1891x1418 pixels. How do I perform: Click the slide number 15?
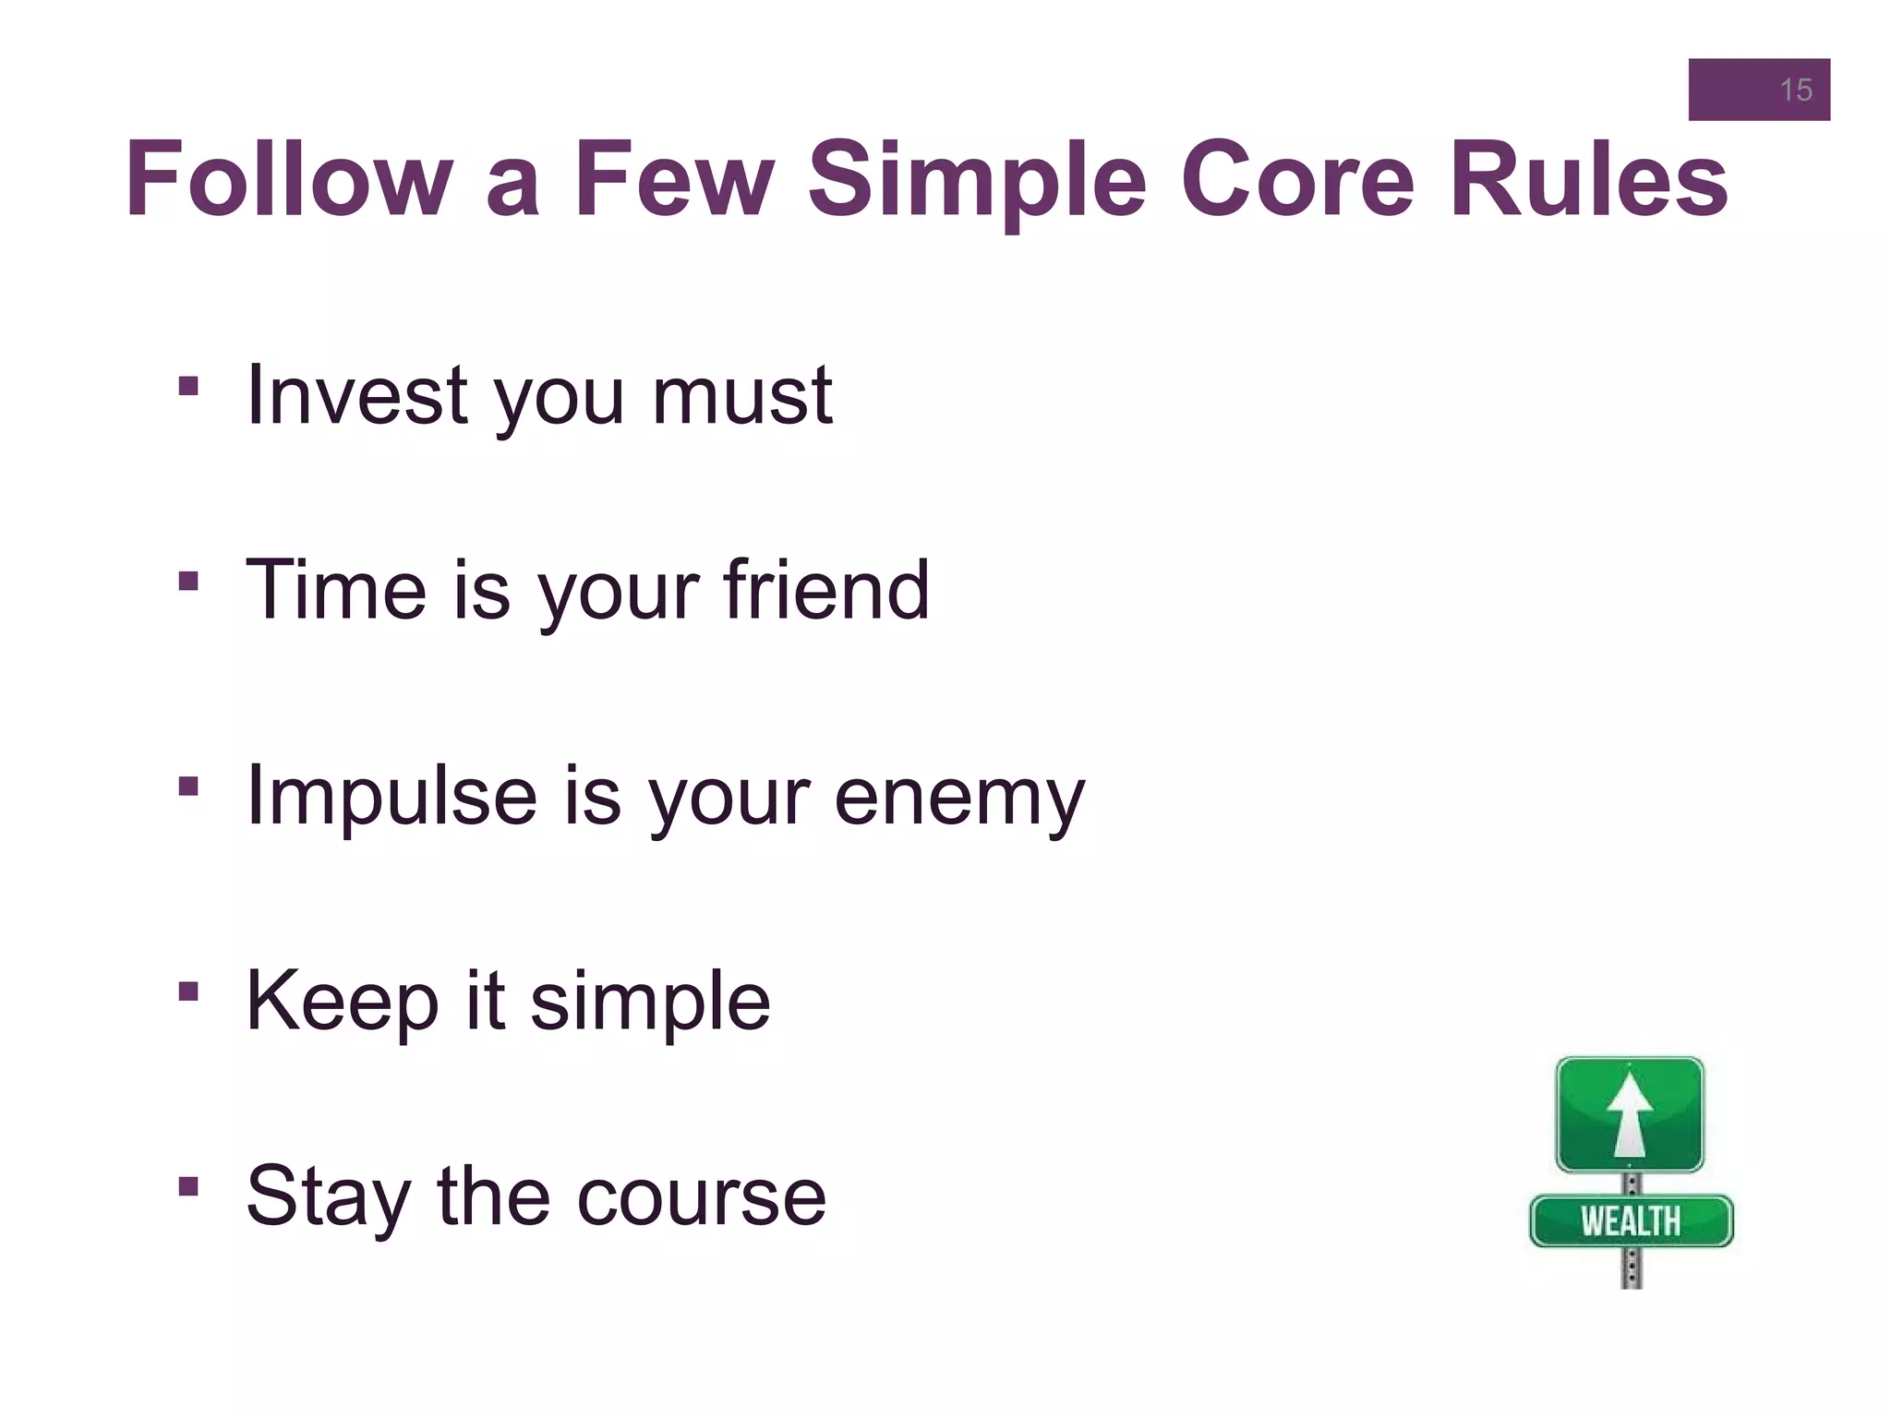tap(1795, 90)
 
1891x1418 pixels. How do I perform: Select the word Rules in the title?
tap(1588, 180)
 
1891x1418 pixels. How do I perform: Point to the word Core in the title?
tap(1297, 180)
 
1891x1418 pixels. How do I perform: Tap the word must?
tap(742, 397)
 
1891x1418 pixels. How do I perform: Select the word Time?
tap(336, 590)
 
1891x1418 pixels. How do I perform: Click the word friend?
tap(826, 590)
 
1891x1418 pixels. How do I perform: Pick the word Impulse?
tap(391, 797)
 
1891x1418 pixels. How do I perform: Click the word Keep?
tap(342, 1003)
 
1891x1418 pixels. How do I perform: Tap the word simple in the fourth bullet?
tap(650, 1003)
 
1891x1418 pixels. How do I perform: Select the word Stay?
tap(328, 1198)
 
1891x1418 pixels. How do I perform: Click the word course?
tap(701, 1198)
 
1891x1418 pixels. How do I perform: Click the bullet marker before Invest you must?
tap(188, 385)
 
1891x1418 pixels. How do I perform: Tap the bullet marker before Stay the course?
tap(188, 1185)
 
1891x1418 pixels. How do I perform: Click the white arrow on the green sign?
tap(1630, 1114)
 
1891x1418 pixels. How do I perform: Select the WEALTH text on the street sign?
tap(1631, 1221)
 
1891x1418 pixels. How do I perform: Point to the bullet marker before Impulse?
tap(188, 786)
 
